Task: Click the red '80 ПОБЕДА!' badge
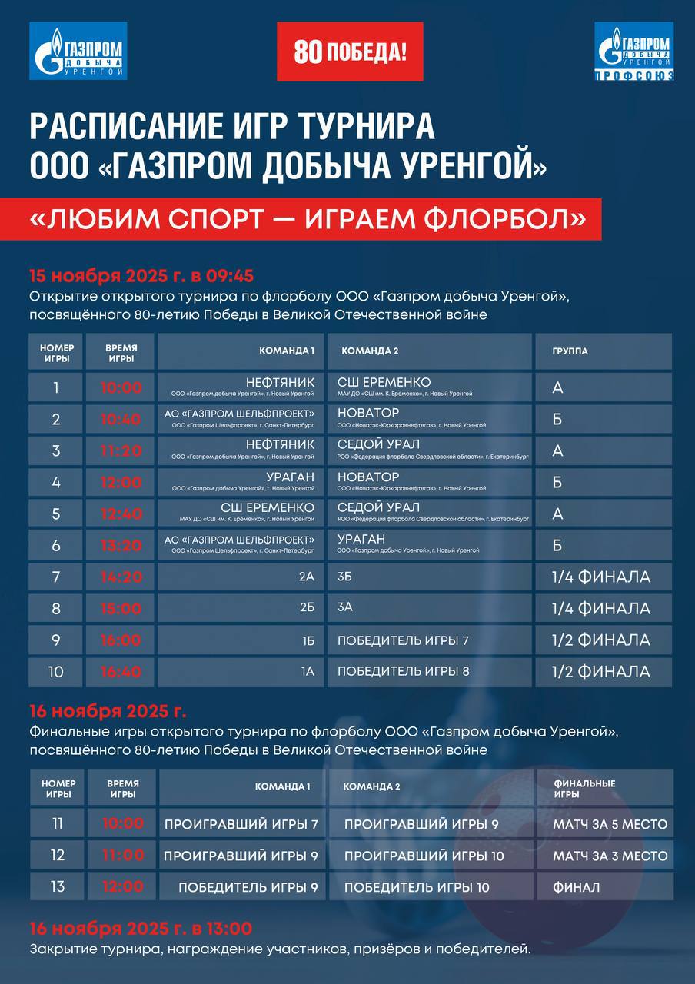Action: (350, 52)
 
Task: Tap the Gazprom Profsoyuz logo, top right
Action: (634, 52)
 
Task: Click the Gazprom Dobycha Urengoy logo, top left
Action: (78, 52)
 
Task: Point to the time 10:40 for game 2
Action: (121, 419)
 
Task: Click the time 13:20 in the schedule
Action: (121, 545)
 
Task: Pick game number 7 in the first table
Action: (55, 577)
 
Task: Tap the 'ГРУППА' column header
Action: (570, 351)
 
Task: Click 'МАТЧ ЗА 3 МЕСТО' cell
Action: (610, 856)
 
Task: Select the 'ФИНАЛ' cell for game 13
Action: (576, 887)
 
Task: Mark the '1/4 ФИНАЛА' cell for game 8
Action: (601, 608)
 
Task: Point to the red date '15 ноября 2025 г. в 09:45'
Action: (141, 276)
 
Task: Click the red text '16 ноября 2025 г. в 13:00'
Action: (141, 928)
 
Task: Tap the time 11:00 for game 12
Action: (123, 856)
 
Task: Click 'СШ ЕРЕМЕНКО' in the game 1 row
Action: (384, 383)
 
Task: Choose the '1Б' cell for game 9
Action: (307, 640)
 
